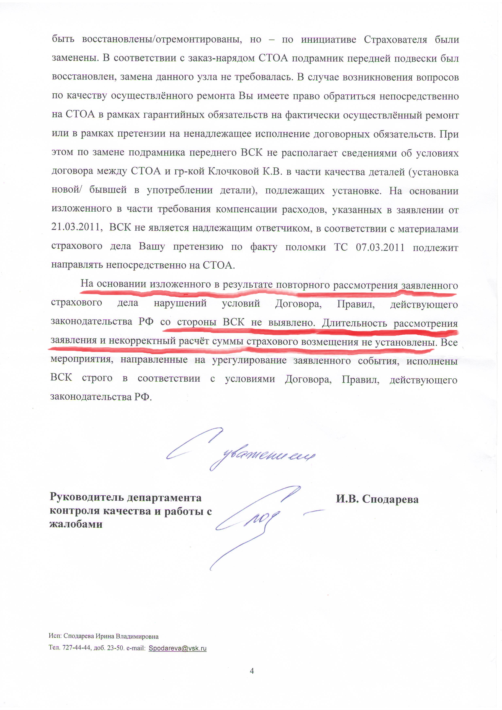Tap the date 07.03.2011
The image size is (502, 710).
click(380, 247)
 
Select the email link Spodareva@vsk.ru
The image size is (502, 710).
click(178, 648)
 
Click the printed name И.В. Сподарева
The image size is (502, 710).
click(377, 499)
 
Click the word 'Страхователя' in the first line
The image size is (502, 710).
click(395, 40)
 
